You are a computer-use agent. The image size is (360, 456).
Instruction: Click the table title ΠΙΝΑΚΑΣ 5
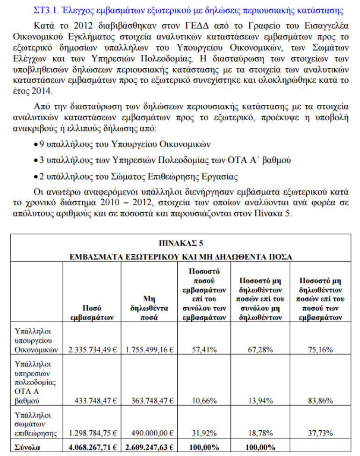[180, 243]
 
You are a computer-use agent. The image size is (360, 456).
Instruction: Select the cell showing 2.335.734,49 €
[92, 349]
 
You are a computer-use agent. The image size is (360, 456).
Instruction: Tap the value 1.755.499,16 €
[150, 349]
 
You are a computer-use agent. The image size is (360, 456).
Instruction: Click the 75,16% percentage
[320, 349]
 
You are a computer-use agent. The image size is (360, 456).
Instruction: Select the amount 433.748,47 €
[95, 401]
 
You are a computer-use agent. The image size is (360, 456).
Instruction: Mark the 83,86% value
[320, 401]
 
